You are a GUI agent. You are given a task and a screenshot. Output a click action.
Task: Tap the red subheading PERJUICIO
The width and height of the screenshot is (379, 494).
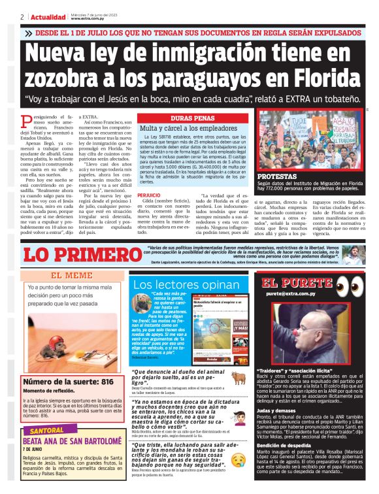pyautogui.click(x=149, y=195)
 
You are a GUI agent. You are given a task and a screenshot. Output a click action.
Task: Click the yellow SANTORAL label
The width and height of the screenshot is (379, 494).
pyautogui.click(x=47, y=432)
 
